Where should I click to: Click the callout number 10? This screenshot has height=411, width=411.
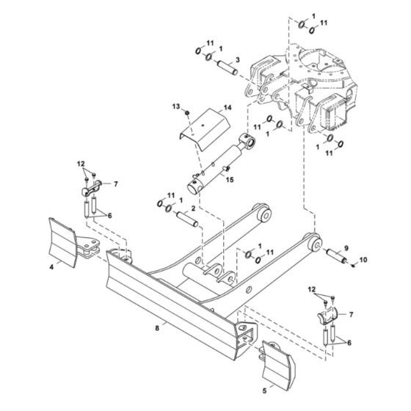pos(364,260)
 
